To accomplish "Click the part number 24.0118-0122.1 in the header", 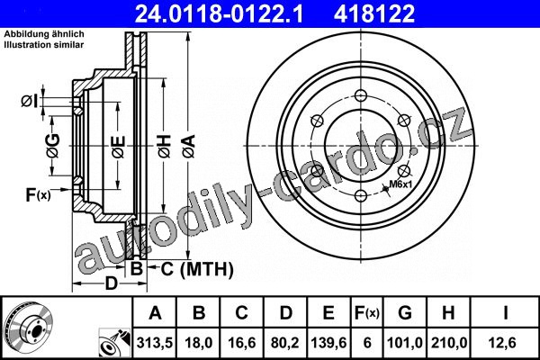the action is tap(219, 13).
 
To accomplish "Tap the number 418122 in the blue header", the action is tap(374, 13).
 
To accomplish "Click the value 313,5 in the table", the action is tap(155, 343).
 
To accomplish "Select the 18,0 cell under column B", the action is tap(198, 343).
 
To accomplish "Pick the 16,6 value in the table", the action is tap(242, 343).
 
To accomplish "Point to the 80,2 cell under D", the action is tap(285, 343).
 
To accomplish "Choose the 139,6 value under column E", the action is tap(328, 343).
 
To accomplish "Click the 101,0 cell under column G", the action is tap(405, 343).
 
